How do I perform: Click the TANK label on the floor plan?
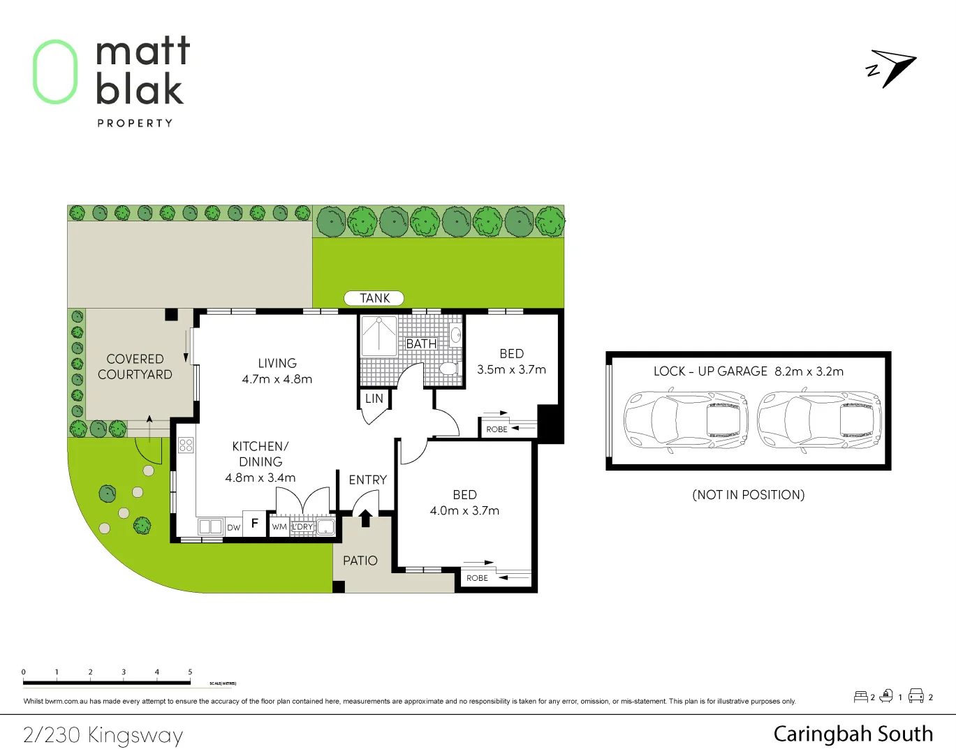click(374, 298)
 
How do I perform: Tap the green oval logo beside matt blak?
click(55, 72)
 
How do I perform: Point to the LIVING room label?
click(277, 363)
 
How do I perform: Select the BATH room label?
click(421, 343)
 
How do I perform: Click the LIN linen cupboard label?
click(374, 399)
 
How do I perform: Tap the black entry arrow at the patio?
click(365, 517)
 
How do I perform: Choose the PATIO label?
click(360, 561)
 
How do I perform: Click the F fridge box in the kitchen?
click(255, 523)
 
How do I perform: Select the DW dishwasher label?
click(233, 528)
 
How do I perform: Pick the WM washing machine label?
click(279, 527)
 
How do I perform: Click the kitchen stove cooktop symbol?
click(186, 445)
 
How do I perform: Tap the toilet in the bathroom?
click(448, 368)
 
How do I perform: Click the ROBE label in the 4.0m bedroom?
click(477, 578)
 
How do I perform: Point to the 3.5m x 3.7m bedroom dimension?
click(511, 369)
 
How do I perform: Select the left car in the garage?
click(685, 421)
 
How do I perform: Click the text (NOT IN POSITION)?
click(748, 495)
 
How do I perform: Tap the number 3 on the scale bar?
click(124, 672)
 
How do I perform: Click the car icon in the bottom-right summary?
click(915, 695)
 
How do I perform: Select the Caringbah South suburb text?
click(853, 734)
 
